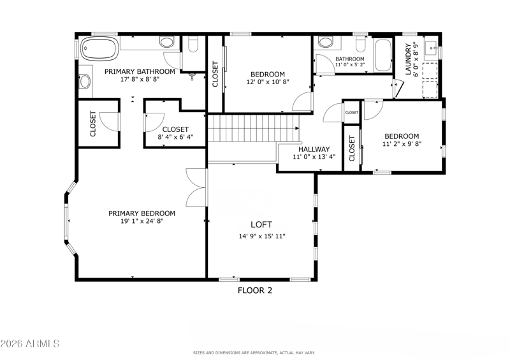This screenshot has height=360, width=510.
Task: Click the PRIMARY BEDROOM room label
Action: coord(142,213)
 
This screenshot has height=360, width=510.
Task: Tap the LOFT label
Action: coord(261,224)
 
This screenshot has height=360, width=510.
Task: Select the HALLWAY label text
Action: coord(314,149)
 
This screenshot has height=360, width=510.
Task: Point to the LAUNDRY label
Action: coord(408,59)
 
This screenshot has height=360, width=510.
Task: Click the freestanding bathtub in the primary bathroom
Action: coord(99,48)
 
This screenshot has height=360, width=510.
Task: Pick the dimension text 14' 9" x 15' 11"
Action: coord(262,236)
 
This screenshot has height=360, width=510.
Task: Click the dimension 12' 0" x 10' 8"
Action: coord(268,82)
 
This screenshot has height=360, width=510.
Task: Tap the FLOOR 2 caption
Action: coord(255,291)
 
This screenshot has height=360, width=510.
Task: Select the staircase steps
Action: coord(253,129)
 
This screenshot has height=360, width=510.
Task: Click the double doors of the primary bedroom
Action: coord(196,187)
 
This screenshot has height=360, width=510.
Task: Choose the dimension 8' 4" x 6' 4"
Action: coord(175,137)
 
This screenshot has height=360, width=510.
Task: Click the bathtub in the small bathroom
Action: coord(383,55)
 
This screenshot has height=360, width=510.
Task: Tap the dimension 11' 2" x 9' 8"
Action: coord(402,144)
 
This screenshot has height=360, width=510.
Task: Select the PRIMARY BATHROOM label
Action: coord(140,71)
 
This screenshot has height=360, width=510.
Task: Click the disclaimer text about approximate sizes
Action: coord(254,353)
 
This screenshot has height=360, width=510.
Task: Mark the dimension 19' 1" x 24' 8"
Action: coord(142,221)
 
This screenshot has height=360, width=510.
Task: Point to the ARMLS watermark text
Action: coord(30,343)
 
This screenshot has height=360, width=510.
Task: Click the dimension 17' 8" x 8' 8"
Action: coord(140,80)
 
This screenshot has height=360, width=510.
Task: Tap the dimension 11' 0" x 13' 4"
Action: coord(314,157)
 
